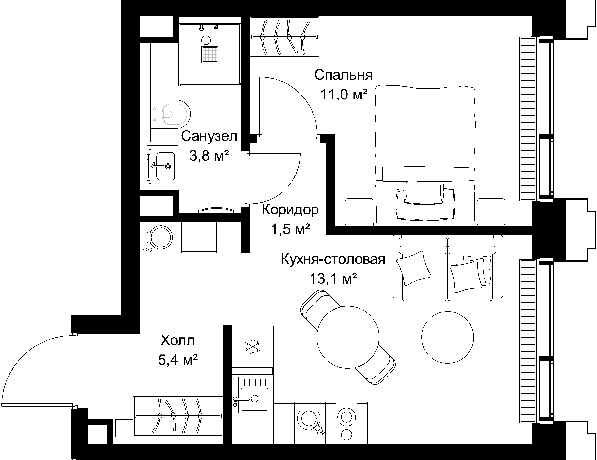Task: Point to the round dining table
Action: click(348, 337)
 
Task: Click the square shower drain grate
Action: click(210, 55)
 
